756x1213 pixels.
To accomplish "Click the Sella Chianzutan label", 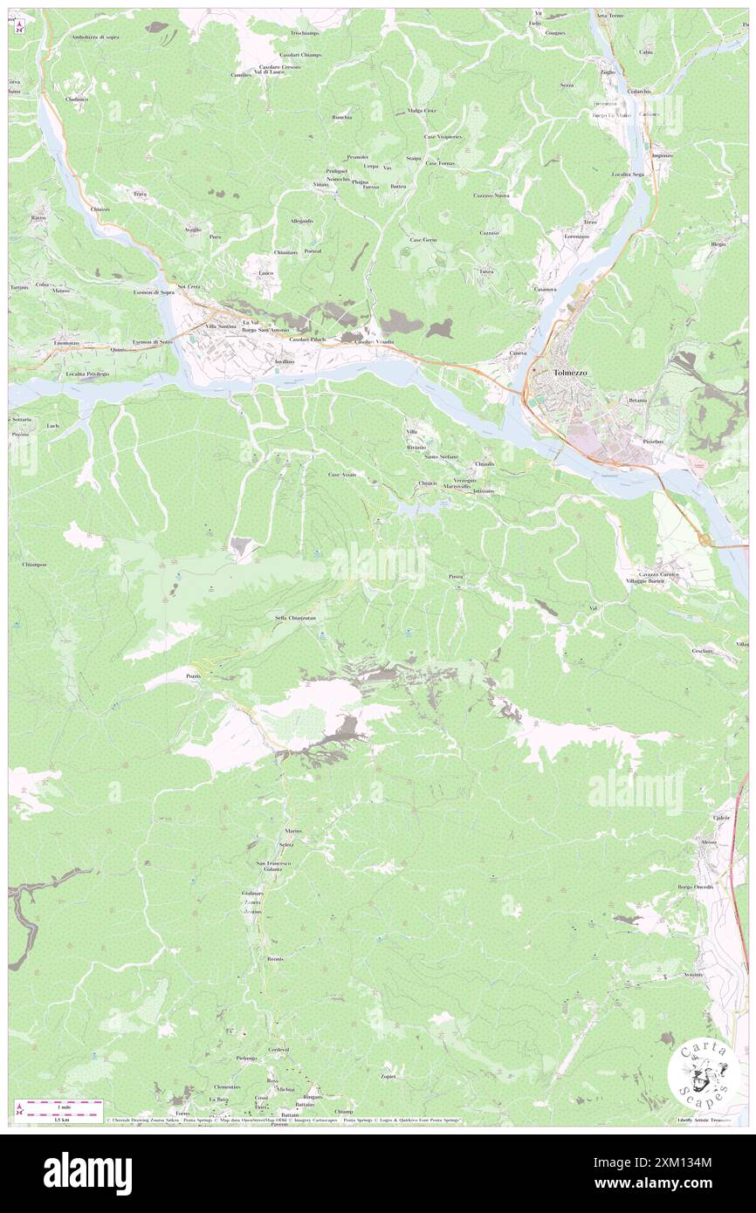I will pos(295,618).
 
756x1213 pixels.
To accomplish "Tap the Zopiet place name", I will pos(388,1076).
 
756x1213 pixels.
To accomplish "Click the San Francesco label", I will pos(272,863).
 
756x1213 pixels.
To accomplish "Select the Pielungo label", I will pos(246,1058).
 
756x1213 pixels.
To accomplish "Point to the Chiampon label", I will pos(33,565).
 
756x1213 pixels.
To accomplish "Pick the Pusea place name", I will pos(456,577).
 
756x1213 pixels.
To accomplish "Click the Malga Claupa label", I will pos(421,111).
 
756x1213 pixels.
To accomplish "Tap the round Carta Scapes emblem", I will pos(700,1073).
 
